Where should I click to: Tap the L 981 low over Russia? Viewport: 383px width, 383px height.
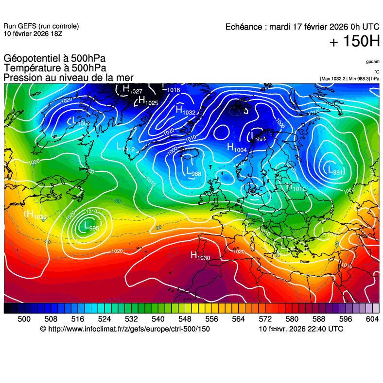click(x=335, y=170)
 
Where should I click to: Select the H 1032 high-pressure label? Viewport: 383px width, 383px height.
click(x=185, y=111)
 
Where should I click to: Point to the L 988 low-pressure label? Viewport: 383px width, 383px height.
click(x=193, y=172)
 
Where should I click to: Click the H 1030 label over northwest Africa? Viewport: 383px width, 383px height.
click(x=200, y=255)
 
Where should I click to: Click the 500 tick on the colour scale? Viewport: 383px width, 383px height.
click(x=24, y=319)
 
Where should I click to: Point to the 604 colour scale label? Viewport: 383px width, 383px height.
click(x=372, y=319)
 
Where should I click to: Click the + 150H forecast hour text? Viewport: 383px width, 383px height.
click(x=354, y=42)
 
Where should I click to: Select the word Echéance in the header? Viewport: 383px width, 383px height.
click(x=244, y=27)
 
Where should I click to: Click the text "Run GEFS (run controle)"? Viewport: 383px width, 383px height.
click(x=41, y=26)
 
